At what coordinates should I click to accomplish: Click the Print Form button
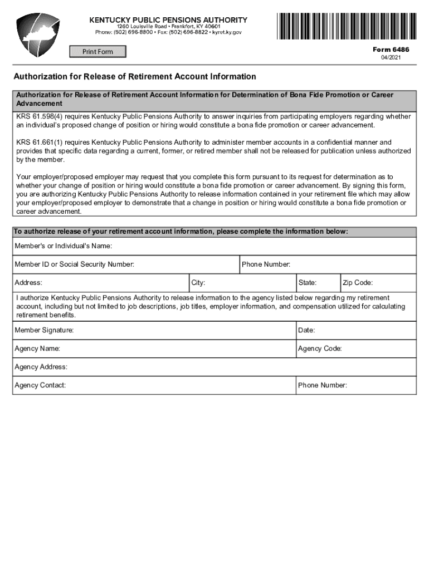[97, 52]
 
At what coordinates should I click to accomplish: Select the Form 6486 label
[391, 50]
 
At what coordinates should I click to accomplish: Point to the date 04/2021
[391, 58]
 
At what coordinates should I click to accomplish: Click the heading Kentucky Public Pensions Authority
[168, 20]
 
